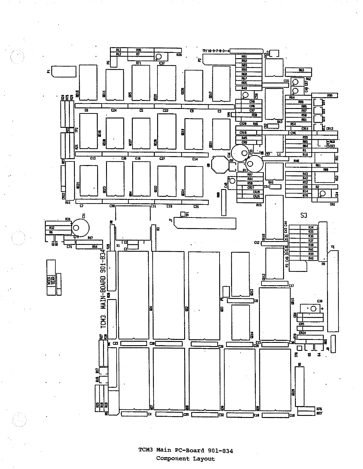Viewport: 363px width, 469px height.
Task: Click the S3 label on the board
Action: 304,215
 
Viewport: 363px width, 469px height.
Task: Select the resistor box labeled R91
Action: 249,56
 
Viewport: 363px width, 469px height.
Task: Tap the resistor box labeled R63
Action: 298,70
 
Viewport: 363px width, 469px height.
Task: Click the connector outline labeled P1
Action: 64,71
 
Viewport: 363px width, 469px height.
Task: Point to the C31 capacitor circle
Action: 80,228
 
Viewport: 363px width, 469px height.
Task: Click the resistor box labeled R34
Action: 303,227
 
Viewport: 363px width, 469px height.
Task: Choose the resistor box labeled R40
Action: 303,258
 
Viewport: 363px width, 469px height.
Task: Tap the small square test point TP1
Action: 183,214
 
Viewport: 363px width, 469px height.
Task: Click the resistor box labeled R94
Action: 89,247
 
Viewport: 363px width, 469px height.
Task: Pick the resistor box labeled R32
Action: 58,228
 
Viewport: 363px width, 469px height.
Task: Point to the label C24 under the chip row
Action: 114,110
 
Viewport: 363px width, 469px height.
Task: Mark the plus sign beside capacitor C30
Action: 323,309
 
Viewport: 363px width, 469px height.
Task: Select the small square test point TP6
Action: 299,348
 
